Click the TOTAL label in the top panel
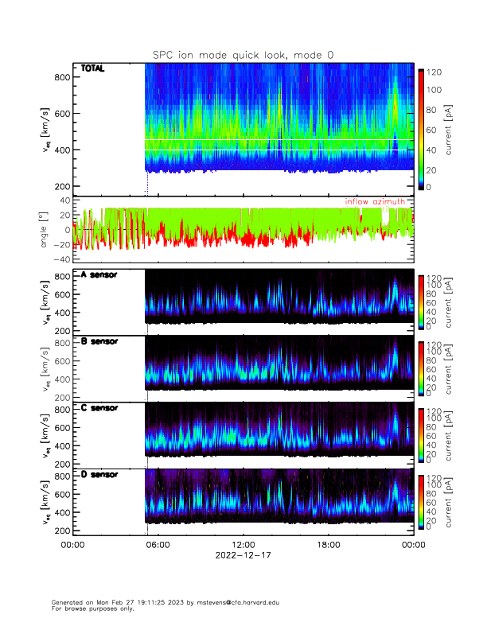[92, 69]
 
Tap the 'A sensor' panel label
[99, 274]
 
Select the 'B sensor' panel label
[99, 341]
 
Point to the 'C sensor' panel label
[99, 408]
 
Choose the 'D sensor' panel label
[99, 475]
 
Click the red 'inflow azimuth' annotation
[374, 202]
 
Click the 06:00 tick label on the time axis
[158, 545]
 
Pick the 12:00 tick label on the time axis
[243, 545]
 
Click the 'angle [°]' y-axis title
[45, 230]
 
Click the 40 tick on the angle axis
[64, 200]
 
